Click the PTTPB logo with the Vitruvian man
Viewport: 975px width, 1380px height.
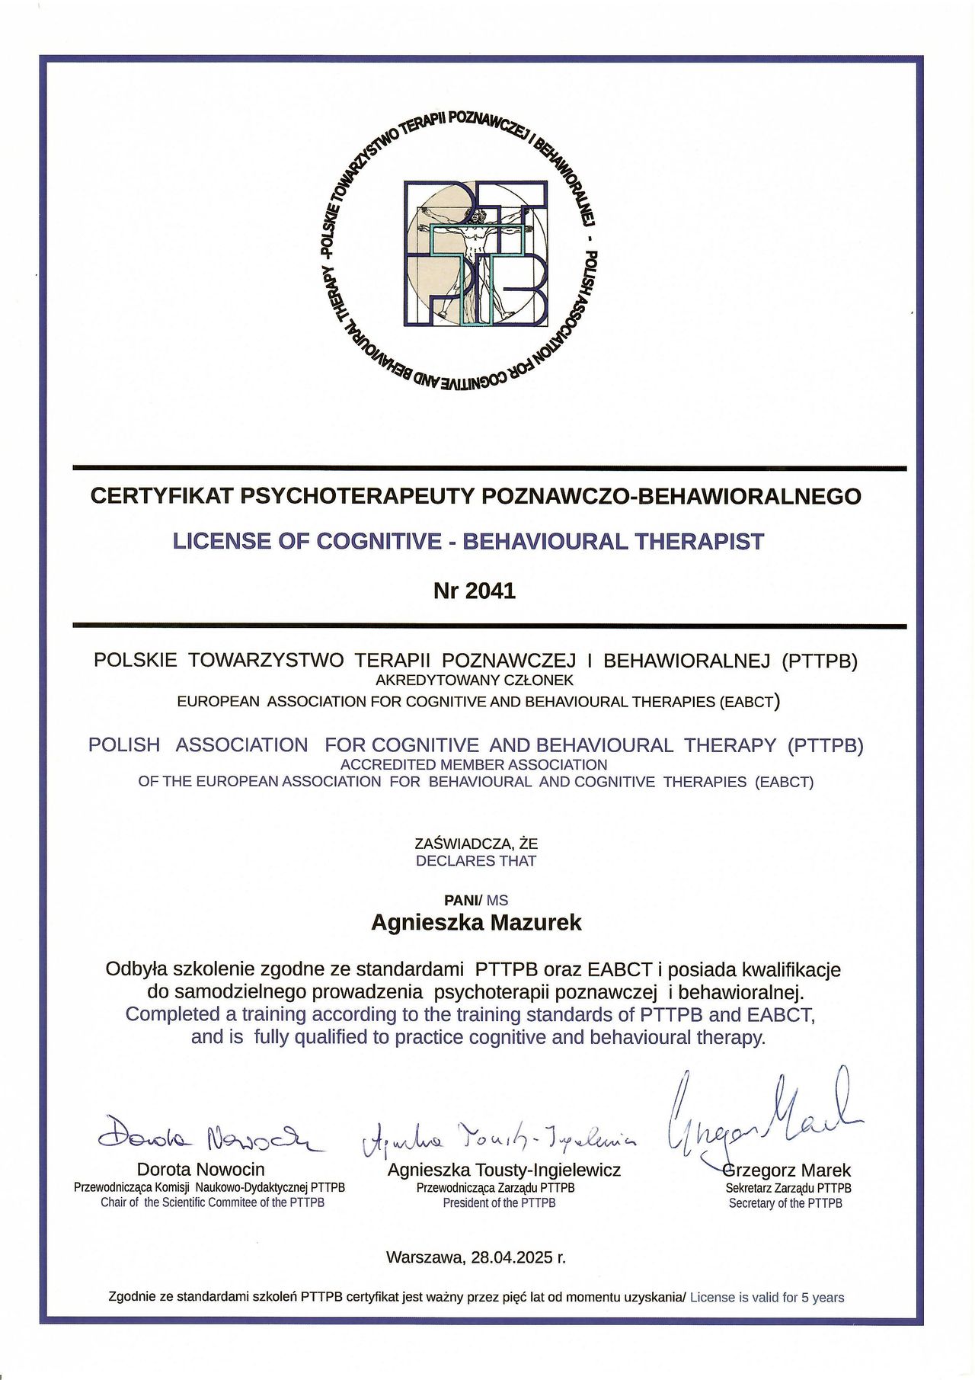475,253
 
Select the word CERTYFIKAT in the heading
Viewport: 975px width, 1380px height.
162,496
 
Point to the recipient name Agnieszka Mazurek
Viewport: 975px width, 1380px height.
476,923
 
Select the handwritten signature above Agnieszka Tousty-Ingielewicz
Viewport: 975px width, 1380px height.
499,1138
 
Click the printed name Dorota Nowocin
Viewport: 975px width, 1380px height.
200,1169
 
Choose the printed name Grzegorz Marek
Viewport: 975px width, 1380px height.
787,1170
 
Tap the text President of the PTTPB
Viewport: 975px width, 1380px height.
499,1203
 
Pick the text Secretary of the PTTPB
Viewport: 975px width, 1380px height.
785,1203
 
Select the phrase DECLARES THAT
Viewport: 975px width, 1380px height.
476,861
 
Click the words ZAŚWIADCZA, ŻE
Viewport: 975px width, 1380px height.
476,844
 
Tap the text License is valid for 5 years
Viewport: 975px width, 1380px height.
767,1298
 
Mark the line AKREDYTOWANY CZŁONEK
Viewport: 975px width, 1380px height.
475,680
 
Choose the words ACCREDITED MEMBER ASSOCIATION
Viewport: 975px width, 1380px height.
474,764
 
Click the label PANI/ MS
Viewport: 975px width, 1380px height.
476,901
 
